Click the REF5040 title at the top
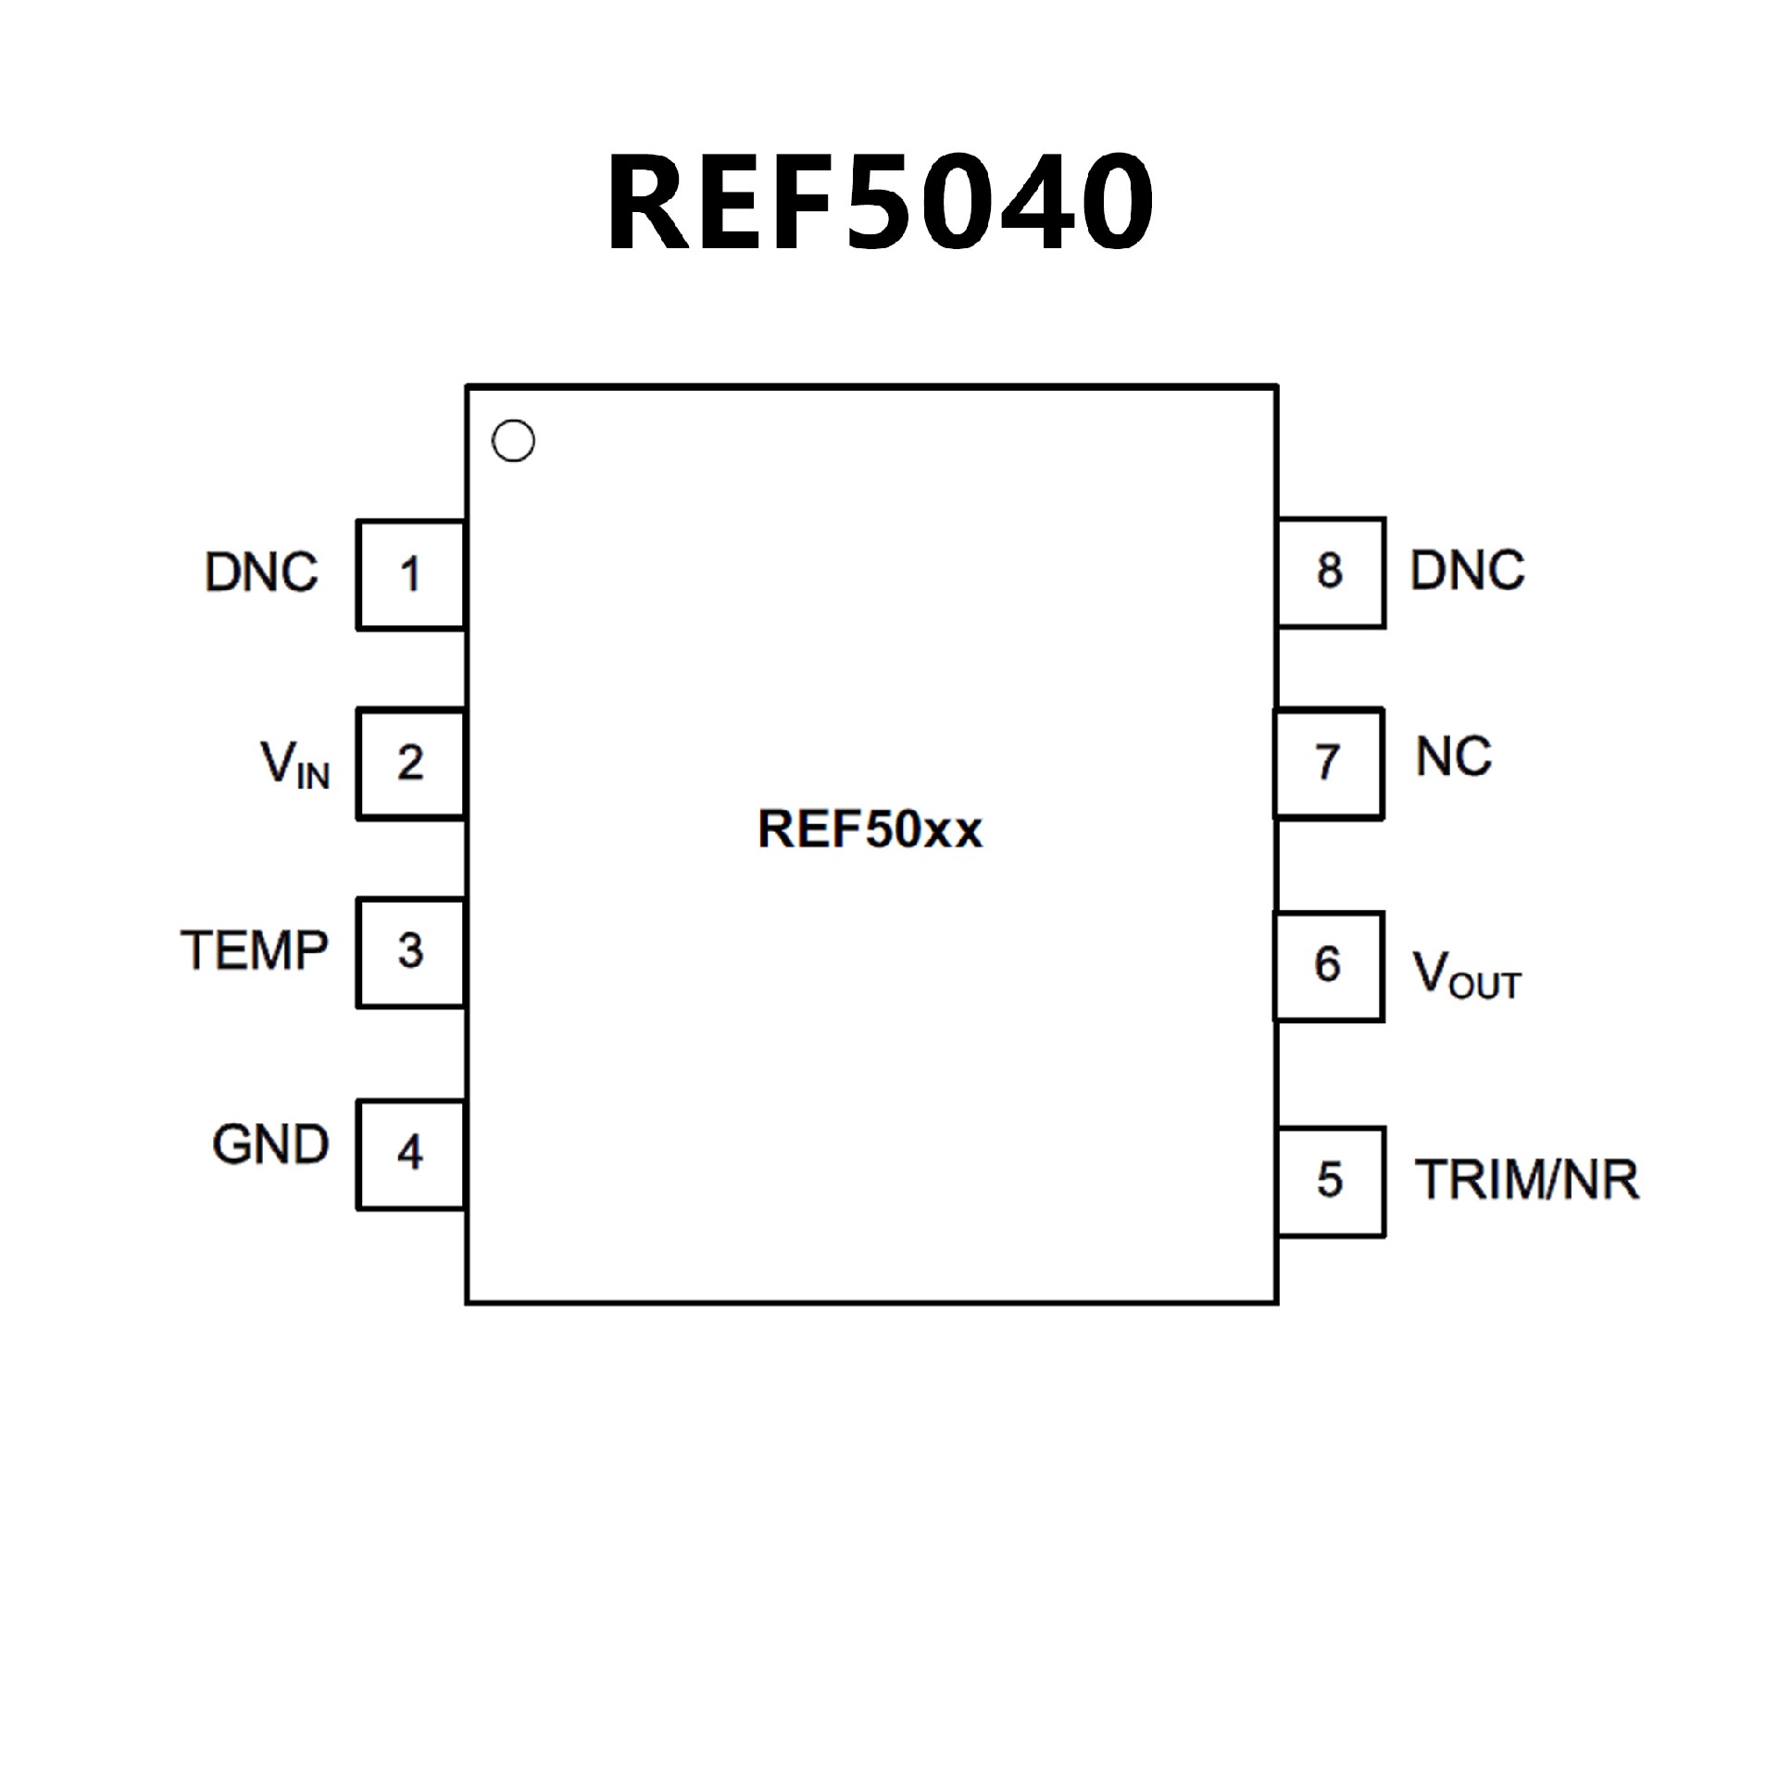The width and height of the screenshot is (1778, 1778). pos(880,202)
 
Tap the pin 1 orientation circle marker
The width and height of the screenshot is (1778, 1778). pos(513,441)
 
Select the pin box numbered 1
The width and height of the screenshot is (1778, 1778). pos(410,575)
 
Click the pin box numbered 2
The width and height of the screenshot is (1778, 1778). pos(410,764)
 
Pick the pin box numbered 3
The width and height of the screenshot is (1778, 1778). pos(410,952)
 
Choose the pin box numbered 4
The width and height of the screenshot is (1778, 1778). pos(410,1154)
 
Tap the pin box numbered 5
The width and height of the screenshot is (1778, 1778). pos(1331,1181)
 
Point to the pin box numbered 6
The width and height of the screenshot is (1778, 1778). pos(1329,966)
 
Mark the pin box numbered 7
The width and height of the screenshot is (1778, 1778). pos(1329,763)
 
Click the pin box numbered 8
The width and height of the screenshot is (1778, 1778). pos(1331,572)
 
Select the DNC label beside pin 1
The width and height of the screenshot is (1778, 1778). pos(261,572)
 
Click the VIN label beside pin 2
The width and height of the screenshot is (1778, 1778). pos(294,765)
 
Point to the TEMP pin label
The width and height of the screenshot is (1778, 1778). pos(255,950)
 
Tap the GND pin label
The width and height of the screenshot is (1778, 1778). pos(270,1145)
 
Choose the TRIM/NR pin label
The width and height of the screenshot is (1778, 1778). pos(1527,1180)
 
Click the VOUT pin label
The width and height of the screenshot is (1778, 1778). pos(1466,974)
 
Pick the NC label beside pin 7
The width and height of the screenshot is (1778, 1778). pos(1454,758)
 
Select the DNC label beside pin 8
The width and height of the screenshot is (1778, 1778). pos(1467,570)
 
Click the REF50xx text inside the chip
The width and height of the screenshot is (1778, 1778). pos(870,829)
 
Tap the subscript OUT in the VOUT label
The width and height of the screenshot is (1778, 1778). pos(1485,986)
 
